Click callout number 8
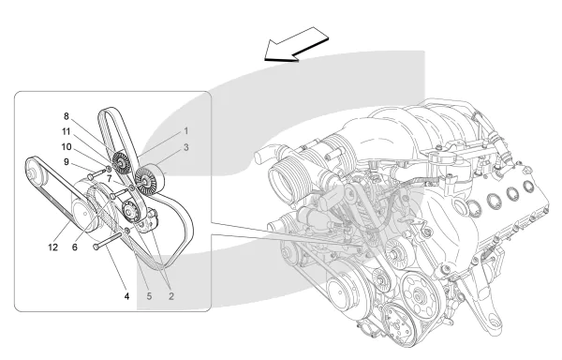click(67, 116)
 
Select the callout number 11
click(67, 131)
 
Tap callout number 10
click(67, 146)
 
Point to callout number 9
click(67, 161)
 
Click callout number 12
click(52, 247)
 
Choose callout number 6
click(75, 247)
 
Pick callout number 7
click(110, 178)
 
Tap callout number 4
click(126, 296)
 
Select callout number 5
click(149, 296)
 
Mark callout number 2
click(171, 296)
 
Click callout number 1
click(186, 131)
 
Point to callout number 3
click(186, 147)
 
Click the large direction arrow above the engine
click(296, 44)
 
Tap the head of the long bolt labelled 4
click(96, 247)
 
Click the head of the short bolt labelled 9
click(90, 177)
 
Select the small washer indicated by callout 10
click(109, 169)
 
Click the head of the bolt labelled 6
click(113, 196)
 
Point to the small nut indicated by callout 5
click(126, 231)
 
